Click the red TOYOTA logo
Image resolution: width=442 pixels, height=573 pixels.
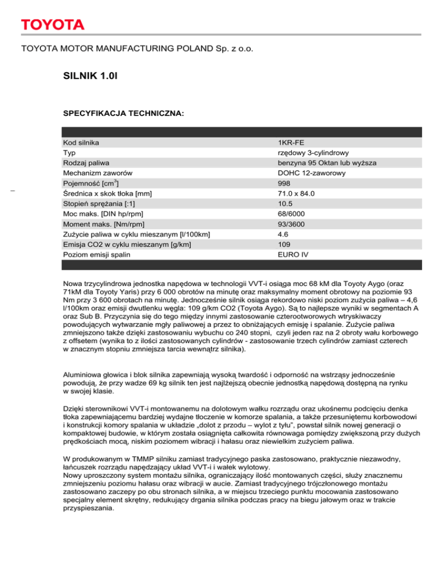point(53,25)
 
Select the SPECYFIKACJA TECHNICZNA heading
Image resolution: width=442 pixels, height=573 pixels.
point(123,115)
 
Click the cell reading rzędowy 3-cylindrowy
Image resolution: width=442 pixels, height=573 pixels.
point(311,152)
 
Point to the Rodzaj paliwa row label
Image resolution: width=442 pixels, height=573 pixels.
point(86,163)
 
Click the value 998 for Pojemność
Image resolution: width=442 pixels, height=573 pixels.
point(284,183)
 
